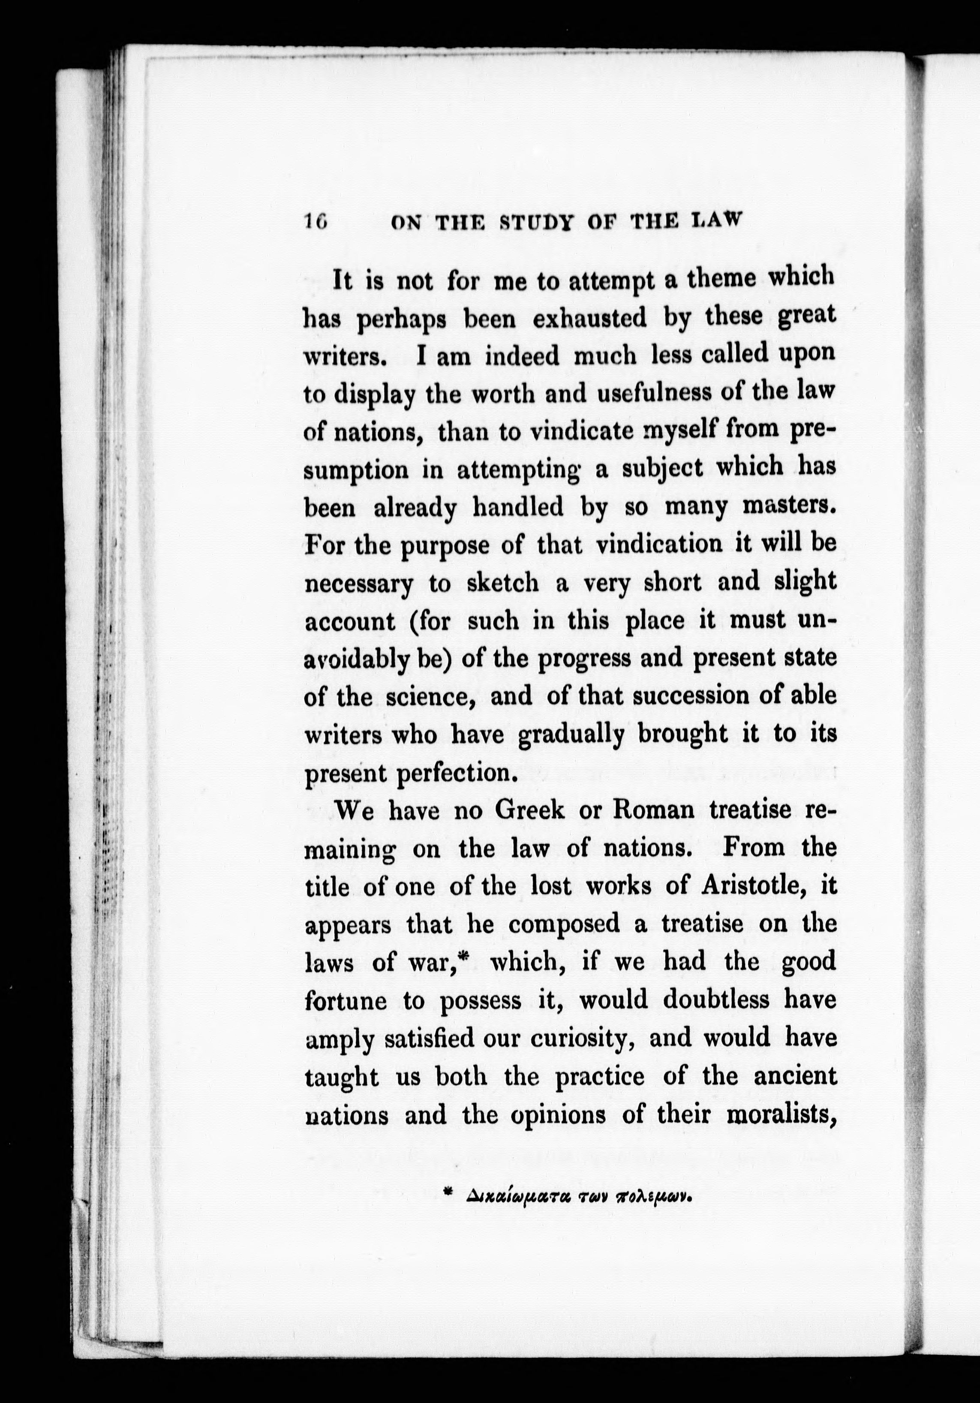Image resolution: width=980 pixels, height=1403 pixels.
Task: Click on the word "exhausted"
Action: click(589, 318)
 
